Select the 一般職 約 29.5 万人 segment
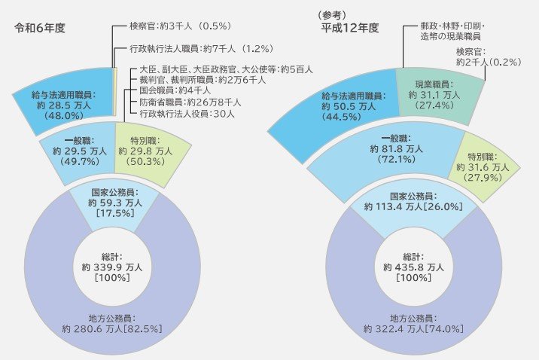pyautogui.click(x=73, y=151)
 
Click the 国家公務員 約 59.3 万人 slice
pyautogui.click(x=112, y=203)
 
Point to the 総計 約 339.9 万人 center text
pyautogui.click(x=112, y=267)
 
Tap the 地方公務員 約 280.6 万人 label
pyautogui.click(x=112, y=323)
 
